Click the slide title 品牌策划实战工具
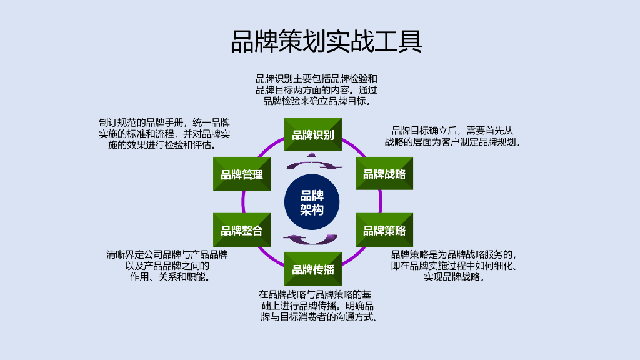coord(326,42)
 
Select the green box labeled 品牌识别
coord(313,135)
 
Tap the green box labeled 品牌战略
coord(384,174)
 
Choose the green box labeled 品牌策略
coord(384,230)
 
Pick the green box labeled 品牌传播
coord(313,269)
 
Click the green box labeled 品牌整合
coord(242,230)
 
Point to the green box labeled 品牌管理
coord(242,174)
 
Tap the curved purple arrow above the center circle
coord(314,164)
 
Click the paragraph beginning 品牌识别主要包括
coord(316,89)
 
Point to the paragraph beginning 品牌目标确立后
coord(452,136)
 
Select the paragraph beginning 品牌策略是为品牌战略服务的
coord(454,266)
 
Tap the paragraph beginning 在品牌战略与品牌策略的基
coord(318,305)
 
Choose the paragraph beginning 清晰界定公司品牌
coord(167,266)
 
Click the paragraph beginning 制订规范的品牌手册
coord(164,134)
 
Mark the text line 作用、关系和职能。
coord(169,277)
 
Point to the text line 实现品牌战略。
coord(454,277)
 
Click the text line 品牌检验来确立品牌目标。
coord(317,101)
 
